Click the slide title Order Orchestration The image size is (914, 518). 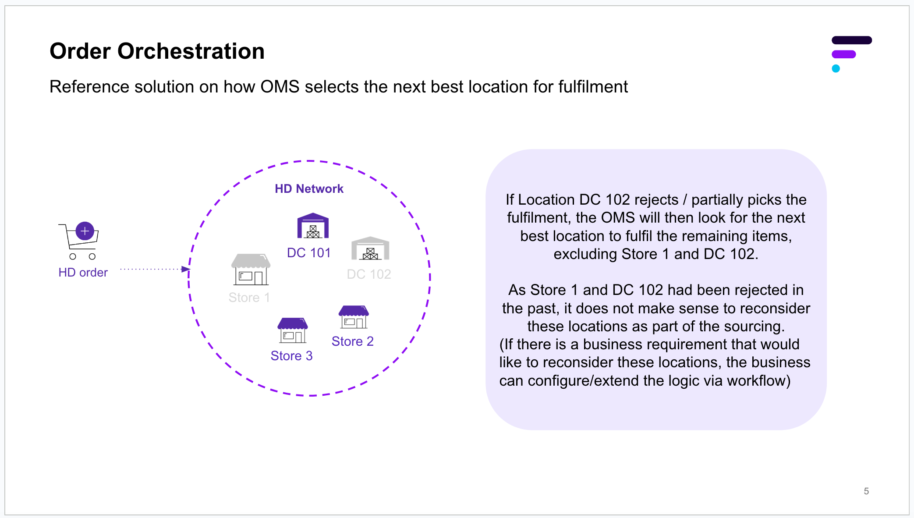point(157,51)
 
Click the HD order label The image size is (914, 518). point(83,273)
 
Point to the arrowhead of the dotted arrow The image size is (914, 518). point(186,269)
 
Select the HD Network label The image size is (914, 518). point(309,189)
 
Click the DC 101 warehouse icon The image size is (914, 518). point(313,226)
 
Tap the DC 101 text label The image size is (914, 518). point(308,253)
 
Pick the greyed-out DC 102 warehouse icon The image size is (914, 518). point(370,248)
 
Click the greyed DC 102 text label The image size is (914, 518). point(369,274)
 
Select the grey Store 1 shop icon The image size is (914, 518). point(251,269)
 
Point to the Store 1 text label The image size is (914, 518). point(249,298)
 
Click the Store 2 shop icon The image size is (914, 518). point(354,317)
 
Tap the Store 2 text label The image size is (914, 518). point(352,341)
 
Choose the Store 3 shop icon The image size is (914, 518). point(293,330)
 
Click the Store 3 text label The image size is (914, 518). point(291,356)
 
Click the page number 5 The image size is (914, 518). point(866,491)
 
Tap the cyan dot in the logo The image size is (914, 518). point(836,68)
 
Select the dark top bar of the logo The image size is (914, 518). point(851,40)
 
